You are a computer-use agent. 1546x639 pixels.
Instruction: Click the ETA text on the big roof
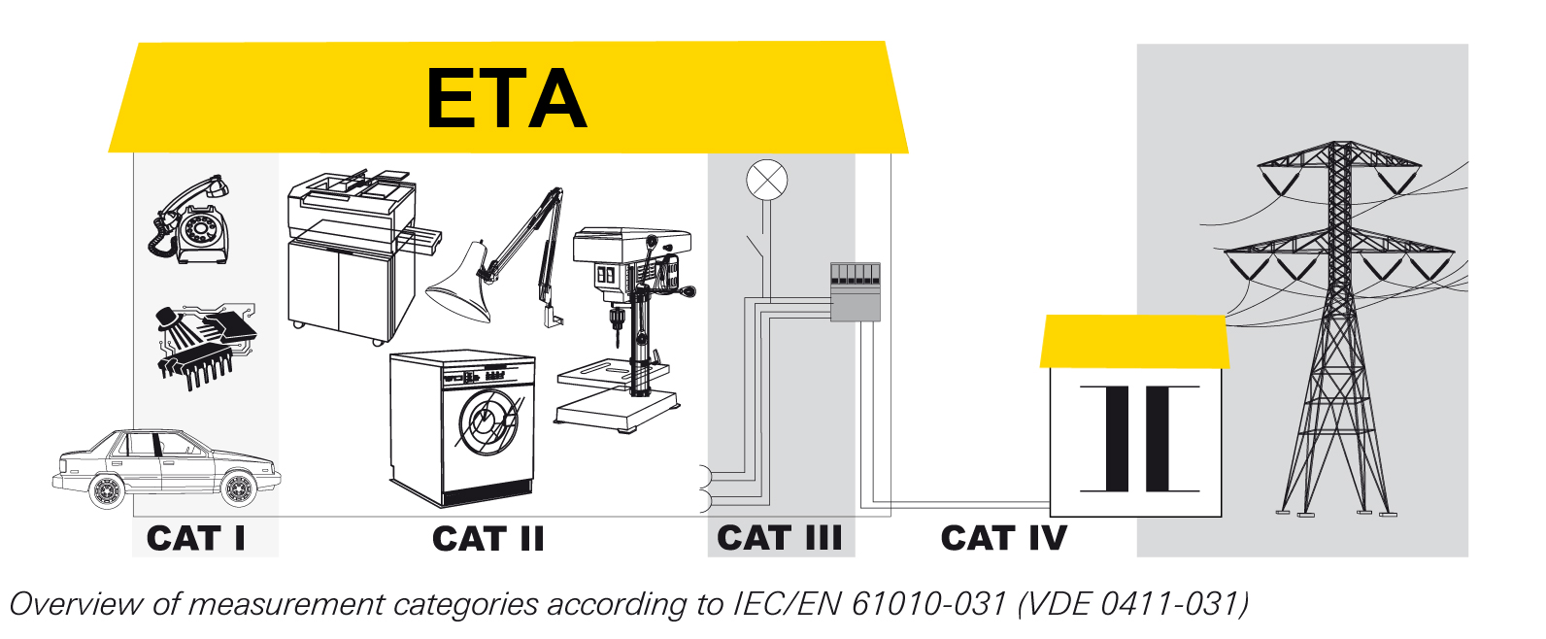507,99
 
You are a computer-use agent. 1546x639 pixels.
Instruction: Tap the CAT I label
196,538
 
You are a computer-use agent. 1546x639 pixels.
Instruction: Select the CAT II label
487,538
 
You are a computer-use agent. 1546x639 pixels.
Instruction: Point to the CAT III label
779,538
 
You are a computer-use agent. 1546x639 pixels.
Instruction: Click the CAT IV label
1003,538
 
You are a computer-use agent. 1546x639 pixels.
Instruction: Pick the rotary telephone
189,219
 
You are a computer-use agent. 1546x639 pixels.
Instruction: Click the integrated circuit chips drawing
206,347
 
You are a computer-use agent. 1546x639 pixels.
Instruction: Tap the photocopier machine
360,256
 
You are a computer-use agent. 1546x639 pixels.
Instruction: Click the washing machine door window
487,422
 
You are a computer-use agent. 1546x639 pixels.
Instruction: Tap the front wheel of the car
239,488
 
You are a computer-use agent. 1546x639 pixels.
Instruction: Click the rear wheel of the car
107,491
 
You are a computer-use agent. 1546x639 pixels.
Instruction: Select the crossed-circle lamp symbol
767,180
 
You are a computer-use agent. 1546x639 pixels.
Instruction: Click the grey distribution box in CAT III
856,292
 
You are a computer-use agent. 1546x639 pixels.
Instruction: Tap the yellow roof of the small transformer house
1134,341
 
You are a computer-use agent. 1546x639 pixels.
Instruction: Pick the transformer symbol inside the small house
1139,439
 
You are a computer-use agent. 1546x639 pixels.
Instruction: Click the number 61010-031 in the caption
928,604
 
